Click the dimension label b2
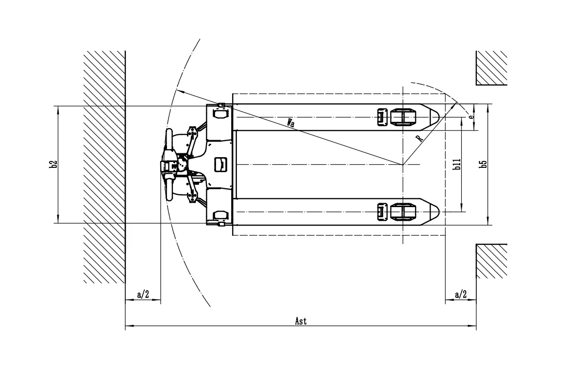pos(54,164)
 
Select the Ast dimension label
pos(301,321)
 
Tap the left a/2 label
pos(143,294)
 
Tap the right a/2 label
pos(460,294)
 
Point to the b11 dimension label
pos(457,164)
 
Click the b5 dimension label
pos(483,164)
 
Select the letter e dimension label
pos(470,117)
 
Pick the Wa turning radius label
pos(290,123)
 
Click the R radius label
pos(420,138)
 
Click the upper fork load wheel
pos(402,117)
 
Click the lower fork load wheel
pos(402,212)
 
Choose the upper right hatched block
pos(491,67)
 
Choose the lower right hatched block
pos(491,261)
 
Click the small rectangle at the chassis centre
pos(220,164)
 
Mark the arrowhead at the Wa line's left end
pos(179,90)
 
